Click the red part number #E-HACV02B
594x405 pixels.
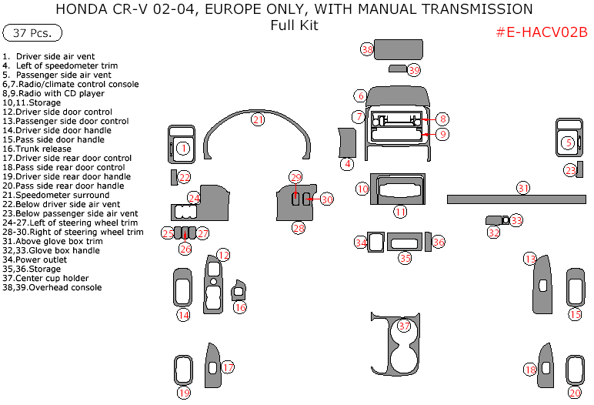pyautogui.click(x=542, y=32)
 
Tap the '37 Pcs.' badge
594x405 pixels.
pyautogui.click(x=32, y=34)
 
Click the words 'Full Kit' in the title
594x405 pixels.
pyautogui.click(x=294, y=25)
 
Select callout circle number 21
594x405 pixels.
pyautogui.click(x=258, y=119)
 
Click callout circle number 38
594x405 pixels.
pyautogui.click(x=367, y=50)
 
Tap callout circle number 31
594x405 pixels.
pyautogui.click(x=523, y=188)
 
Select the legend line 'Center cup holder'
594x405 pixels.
pyautogui.click(x=52, y=278)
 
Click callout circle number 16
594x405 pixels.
pyautogui.click(x=241, y=308)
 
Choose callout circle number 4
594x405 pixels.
pyautogui.click(x=348, y=163)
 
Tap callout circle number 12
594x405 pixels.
pyautogui.click(x=223, y=255)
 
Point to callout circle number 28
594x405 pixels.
pyautogui.click(x=298, y=228)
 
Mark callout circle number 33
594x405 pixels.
pyautogui.click(x=516, y=221)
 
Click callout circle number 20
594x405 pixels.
pyautogui.click(x=574, y=393)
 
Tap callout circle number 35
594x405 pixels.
pyautogui.click(x=405, y=259)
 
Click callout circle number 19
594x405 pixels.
pyautogui.click(x=184, y=393)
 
